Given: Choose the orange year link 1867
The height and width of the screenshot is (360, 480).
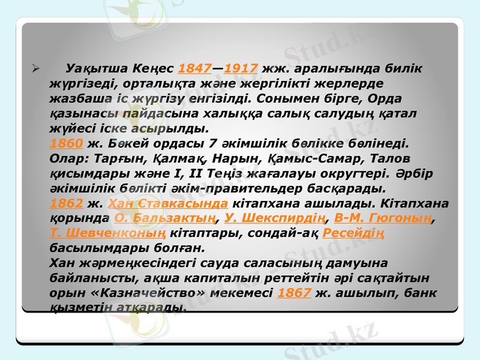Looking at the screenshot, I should point(295,292).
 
